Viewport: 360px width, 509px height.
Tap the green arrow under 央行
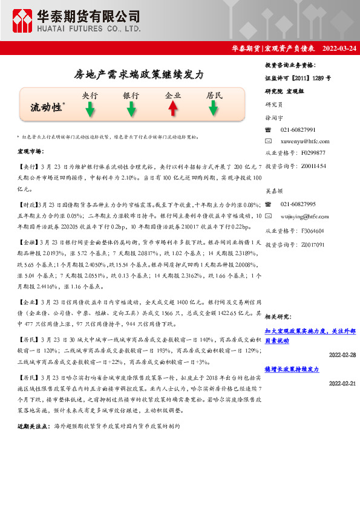[90, 109]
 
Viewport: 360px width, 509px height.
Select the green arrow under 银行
[131, 109]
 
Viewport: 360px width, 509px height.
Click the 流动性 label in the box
[47, 108]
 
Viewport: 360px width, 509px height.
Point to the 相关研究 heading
[278, 316]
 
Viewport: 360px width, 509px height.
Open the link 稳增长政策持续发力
[292, 368]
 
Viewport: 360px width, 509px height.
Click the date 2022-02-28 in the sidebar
[342, 354]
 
